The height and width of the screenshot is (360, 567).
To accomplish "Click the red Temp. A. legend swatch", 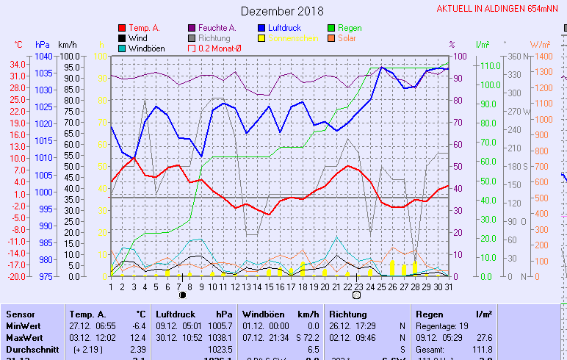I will pyautogui.click(x=122, y=28).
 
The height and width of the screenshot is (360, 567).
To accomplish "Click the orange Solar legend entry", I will pyautogui.click(x=347, y=38).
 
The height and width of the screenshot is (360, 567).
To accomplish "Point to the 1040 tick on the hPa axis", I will pyautogui.click(x=43, y=57).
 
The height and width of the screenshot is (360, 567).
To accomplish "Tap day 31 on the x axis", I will pyautogui.click(x=448, y=287).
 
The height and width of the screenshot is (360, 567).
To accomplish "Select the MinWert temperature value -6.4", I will pyautogui.click(x=138, y=325).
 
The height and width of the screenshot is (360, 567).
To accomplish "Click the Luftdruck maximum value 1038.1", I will pyautogui.click(x=220, y=337).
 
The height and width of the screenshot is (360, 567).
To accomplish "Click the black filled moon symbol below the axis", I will pyautogui.click(x=182, y=295).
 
